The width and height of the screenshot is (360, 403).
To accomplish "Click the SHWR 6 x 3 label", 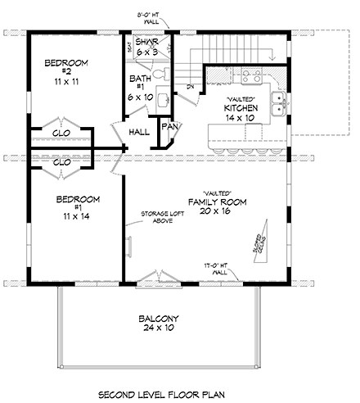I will pyautogui.click(x=146, y=48).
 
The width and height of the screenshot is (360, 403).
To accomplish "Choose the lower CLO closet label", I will pyautogui.click(x=61, y=162).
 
